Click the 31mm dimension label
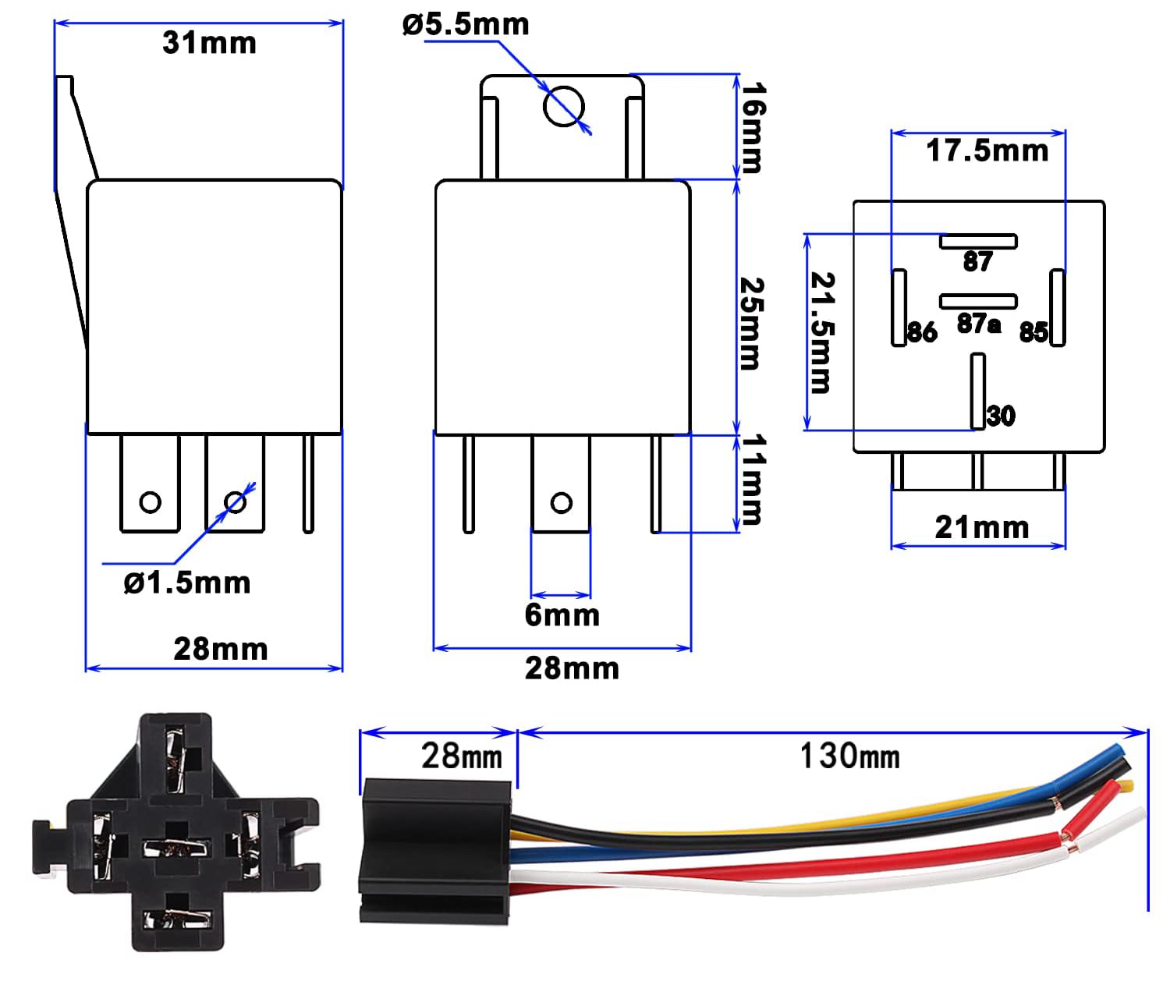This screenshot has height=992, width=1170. point(209,43)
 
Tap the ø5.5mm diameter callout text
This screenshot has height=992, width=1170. point(466,25)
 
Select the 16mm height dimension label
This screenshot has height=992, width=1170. point(752,128)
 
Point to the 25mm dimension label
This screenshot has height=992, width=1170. point(750,322)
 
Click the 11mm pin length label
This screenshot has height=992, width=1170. point(752,479)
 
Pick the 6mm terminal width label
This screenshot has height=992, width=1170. point(562,615)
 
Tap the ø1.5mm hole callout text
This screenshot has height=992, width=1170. point(187,583)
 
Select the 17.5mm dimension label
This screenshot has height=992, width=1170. point(987,151)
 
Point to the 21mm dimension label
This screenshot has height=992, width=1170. point(982,528)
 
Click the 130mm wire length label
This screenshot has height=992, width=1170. point(849,756)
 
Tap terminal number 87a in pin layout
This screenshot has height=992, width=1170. point(979,324)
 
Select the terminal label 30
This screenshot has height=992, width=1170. point(1001,416)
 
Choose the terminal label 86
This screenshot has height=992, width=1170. point(922,333)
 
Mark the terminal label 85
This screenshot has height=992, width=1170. point(1033,333)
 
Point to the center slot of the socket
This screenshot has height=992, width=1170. point(177,849)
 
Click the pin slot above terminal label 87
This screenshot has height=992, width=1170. point(978,241)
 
